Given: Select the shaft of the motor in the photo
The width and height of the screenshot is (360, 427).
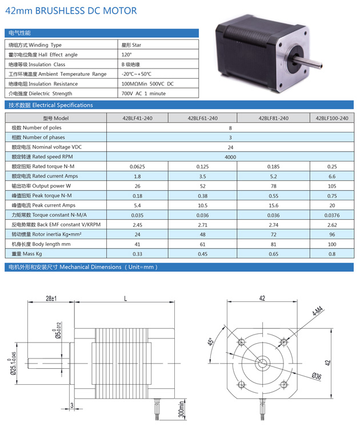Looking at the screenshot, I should point(309,62).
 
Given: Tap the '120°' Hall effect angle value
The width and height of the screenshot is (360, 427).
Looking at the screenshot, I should point(126,55).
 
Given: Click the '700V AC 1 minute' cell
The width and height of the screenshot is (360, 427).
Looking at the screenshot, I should point(143,94).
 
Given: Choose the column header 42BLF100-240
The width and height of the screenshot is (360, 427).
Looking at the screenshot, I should point(331,118).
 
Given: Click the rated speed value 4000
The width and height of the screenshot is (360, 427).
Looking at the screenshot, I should point(230,157).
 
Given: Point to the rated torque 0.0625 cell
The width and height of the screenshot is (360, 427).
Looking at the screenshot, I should point(137,167).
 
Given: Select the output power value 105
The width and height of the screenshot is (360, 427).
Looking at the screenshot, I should point(331,186).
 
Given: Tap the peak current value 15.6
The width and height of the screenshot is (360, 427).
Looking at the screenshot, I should point(273,206).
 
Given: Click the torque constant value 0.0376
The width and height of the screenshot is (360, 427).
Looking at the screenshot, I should point(331,215).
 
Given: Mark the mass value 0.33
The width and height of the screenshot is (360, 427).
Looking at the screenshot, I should point(137,254).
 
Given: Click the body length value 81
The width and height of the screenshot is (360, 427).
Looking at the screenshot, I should point(273,244).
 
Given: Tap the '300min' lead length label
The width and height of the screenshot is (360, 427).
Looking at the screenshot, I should point(181,409).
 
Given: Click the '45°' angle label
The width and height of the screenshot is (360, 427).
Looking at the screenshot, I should point(211,344).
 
